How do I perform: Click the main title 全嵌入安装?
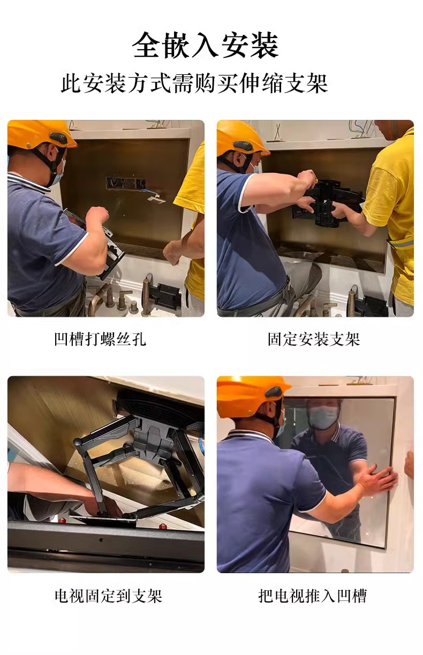(206, 45)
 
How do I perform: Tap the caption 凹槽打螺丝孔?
(100, 339)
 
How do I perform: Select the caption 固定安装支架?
(314, 339)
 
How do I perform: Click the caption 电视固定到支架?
(108, 596)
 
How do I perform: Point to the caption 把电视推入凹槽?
(313, 596)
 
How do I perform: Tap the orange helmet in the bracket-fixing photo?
(241, 136)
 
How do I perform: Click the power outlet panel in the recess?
(125, 184)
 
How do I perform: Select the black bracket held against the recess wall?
(327, 202)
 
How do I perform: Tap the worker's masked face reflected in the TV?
(323, 415)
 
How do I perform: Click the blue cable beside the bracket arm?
(201, 441)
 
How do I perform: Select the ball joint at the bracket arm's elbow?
(78, 442)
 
